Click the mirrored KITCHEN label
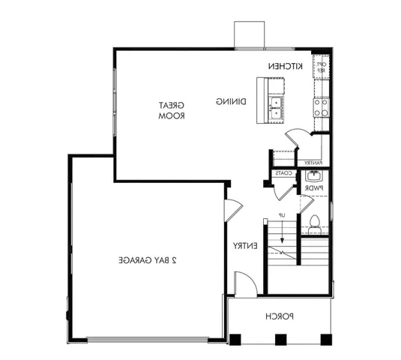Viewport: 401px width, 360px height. pyautogui.click(x=285, y=67)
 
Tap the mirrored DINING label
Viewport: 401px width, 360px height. pyautogui.click(x=230, y=100)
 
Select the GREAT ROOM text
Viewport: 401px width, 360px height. pyautogui.click(x=172, y=111)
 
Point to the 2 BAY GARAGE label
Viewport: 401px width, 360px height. pyautogui.click(x=146, y=260)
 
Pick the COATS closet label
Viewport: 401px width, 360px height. pyautogui.click(x=283, y=173)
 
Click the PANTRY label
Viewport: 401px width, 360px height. pyautogui.click(x=313, y=162)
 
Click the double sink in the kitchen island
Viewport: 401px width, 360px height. pyautogui.click(x=276, y=108)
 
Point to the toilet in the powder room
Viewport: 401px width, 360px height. pyautogui.click(x=315, y=222)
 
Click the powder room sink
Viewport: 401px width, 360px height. pyautogui.click(x=313, y=177)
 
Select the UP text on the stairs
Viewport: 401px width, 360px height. pyautogui.click(x=283, y=216)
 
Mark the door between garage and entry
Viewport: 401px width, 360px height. pyautogui.click(x=232, y=208)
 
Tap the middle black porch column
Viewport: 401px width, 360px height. pyautogui.click(x=280, y=338)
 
